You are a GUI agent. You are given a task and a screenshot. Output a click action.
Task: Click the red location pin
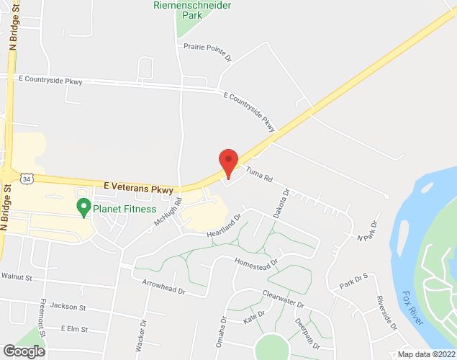tap(228, 162)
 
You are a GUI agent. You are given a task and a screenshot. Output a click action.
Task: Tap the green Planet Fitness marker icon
tap(83, 207)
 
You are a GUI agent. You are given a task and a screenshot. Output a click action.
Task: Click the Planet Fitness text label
tap(124, 210)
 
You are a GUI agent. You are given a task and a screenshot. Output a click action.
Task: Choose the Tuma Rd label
tap(258, 174)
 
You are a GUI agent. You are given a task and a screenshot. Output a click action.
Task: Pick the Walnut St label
tap(17, 276)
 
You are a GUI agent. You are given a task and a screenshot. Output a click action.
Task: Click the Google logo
tap(23, 351)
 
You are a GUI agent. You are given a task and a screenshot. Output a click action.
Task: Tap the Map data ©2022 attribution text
tap(425, 354)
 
